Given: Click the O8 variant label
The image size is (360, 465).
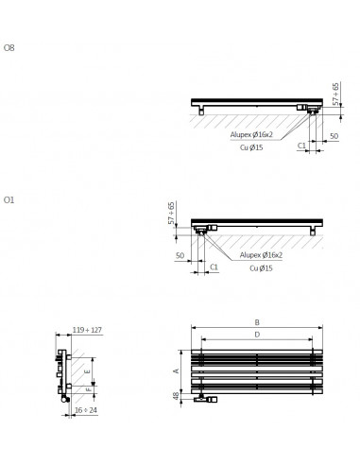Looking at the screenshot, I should pos(9,47).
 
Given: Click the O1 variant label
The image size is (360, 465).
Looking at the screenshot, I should pos(9,199).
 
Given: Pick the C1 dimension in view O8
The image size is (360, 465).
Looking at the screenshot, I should pos(301,146).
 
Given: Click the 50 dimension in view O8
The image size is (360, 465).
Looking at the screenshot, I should pos(334,136).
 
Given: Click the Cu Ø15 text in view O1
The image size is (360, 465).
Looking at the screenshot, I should pos(261,268).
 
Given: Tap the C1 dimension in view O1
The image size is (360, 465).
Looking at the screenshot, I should pos(214,267).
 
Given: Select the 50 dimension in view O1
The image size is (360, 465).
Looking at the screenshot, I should pos(179,255).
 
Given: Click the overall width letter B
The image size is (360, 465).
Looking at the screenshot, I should pos(256,322).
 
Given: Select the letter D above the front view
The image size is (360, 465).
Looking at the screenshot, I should pos(256,334).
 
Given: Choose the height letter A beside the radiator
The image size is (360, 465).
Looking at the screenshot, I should pos(176,370).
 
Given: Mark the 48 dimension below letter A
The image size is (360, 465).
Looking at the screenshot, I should pos(176,397).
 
